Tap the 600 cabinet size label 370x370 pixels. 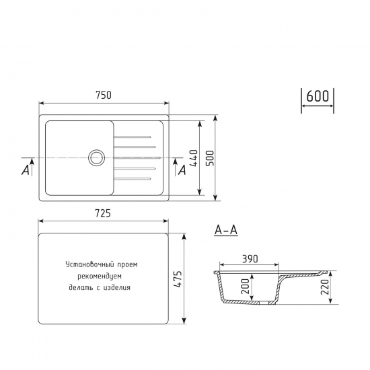tap(318, 96)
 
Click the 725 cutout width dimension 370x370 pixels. tap(102, 213)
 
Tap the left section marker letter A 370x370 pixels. tap(26, 170)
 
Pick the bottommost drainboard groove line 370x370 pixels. tap(135, 178)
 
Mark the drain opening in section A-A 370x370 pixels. tap(260, 303)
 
